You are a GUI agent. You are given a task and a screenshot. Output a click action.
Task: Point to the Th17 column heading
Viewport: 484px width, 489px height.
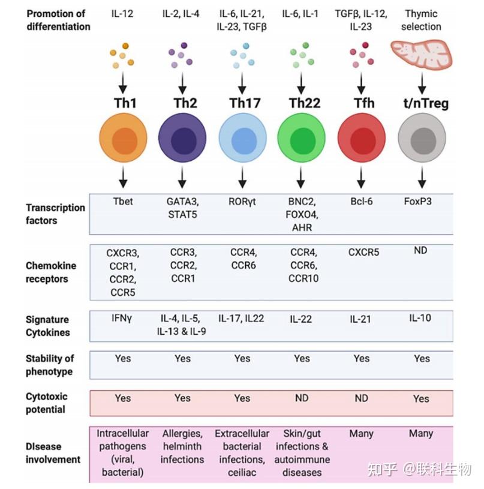coord(242,103)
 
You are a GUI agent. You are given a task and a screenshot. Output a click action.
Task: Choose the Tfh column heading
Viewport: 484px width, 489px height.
coord(361,103)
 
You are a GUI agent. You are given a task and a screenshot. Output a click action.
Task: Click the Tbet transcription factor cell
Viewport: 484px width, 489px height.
coord(123,202)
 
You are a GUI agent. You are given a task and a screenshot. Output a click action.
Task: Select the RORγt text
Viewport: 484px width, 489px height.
coord(242,202)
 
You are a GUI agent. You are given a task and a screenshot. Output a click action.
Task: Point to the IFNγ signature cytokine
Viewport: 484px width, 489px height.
coord(123,319)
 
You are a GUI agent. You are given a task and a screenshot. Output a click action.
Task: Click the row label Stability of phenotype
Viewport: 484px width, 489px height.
coord(50,365)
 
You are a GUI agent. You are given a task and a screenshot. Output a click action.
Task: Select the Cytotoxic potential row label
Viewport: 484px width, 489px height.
coord(47,403)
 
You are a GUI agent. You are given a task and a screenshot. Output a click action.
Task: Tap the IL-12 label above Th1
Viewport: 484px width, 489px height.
coord(123,13)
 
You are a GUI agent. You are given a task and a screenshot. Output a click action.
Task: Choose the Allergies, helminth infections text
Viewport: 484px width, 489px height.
coord(182,446)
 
